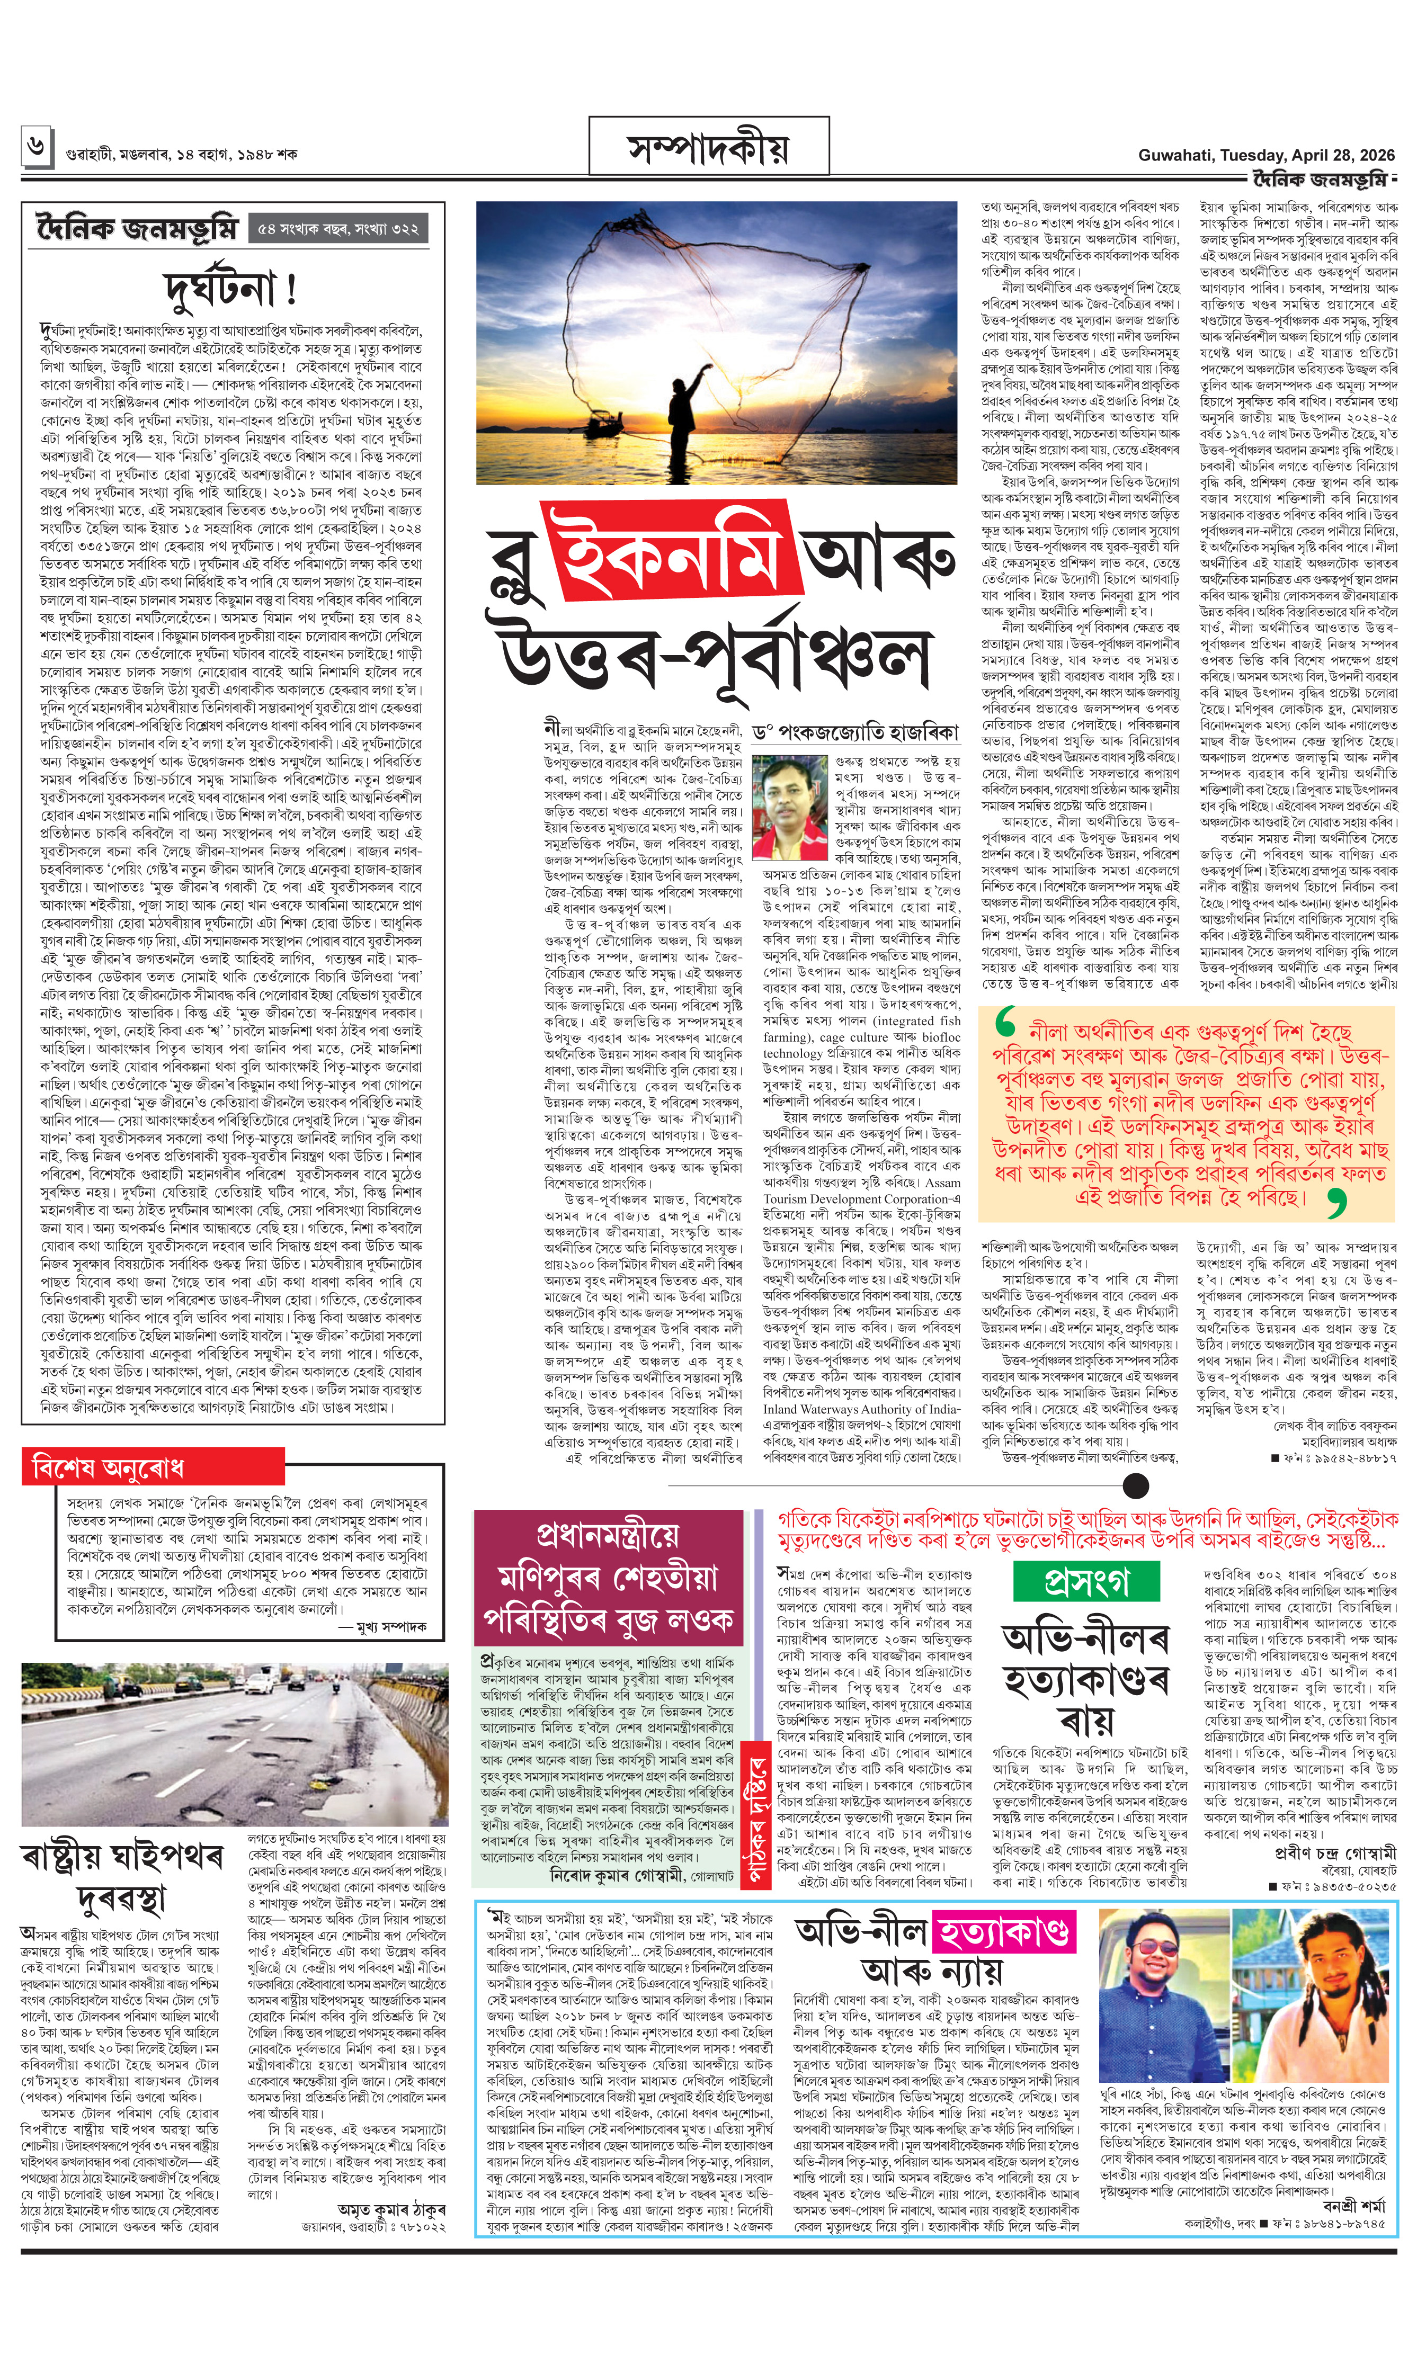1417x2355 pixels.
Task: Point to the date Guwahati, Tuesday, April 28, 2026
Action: pyautogui.click(x=1265, y=155)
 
